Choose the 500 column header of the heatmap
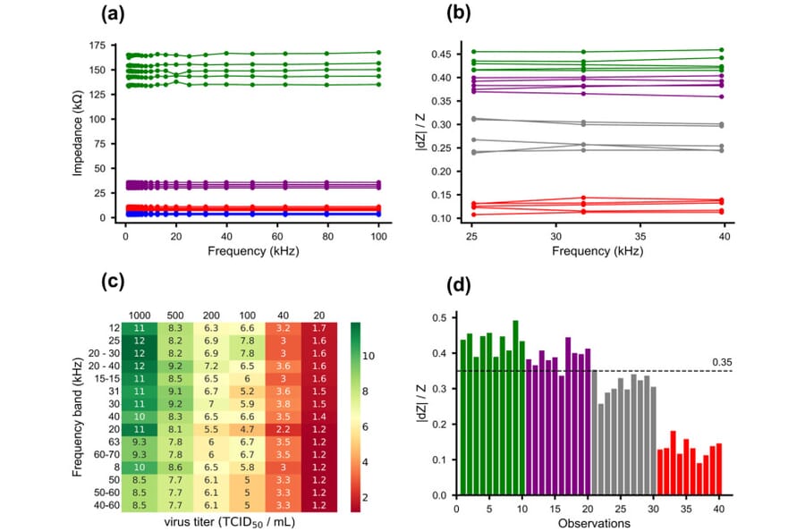click(176, 315)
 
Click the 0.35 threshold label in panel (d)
click(724, 362)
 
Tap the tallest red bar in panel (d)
click(673, 462)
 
